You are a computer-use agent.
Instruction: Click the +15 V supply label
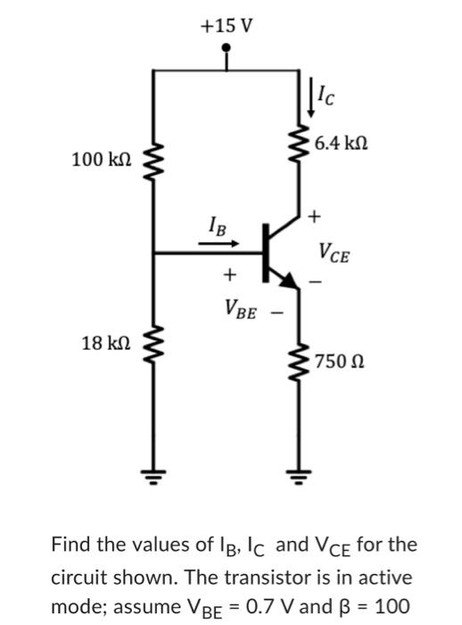tap(227, 25)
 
